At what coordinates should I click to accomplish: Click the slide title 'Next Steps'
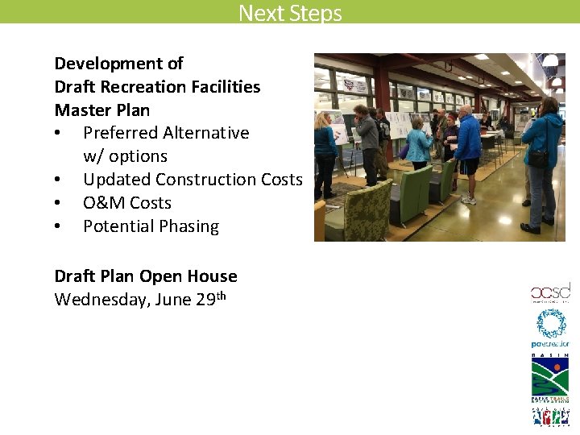pos(290,13)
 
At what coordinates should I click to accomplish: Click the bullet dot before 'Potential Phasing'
pos(59,227)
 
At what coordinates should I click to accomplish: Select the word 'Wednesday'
pos(95,300)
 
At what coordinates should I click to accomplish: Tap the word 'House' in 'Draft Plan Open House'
pos(212,276)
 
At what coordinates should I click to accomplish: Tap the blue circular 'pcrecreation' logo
pos(551,325)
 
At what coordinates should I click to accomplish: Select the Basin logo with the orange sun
pos(550,375)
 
